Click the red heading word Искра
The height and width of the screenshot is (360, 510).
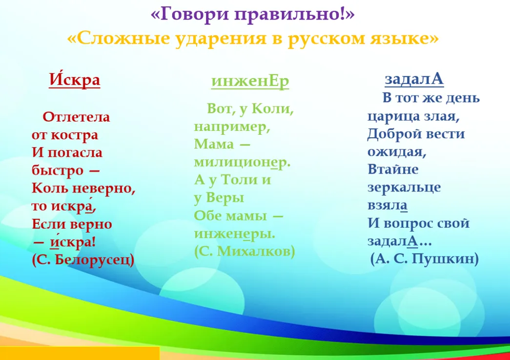coord(75,80)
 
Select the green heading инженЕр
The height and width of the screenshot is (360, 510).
coord(250,82)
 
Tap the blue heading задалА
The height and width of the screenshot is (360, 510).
coord(414,79)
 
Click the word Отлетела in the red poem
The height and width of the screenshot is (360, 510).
coord(76,117)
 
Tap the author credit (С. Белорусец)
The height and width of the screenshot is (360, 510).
coord(83,260)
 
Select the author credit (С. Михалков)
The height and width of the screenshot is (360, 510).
coord(245,251)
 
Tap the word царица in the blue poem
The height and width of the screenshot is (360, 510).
coord(393,117)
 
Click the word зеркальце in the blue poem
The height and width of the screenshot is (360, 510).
coord(404,188)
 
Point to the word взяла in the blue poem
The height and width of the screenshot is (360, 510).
coord(388,206)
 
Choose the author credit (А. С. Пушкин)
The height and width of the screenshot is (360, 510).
coord(425,259)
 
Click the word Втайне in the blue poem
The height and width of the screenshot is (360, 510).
coord(393,169)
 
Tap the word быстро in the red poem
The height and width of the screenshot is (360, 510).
coord(57,170)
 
